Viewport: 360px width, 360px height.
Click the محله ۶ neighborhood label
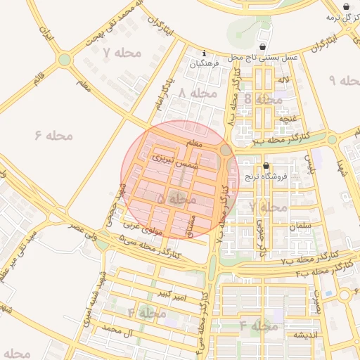(x=53, y=134)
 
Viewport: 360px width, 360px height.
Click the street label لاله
(x=283, y=81)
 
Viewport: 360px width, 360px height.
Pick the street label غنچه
(x=288, y=119)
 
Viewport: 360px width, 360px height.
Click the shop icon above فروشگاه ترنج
(x=265, y=167)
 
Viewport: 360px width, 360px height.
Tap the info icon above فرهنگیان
(x=204, y=53)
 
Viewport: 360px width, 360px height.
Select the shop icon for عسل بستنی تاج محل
(x=262, y=47)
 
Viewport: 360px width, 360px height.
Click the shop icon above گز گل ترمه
(x=346, y=6)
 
